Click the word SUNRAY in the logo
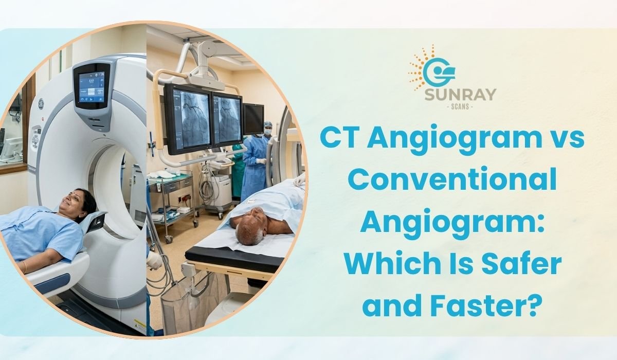(x=460, y=95)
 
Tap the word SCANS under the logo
(x=460, y=106)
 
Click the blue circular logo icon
(x=438, y=73)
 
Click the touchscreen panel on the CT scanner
(x=92, y=87)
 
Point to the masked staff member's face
(x=267, y=130)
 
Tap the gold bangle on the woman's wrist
(x=25, y=266)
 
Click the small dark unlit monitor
(x=253, y=119)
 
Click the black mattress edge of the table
(x=234, y=258)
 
